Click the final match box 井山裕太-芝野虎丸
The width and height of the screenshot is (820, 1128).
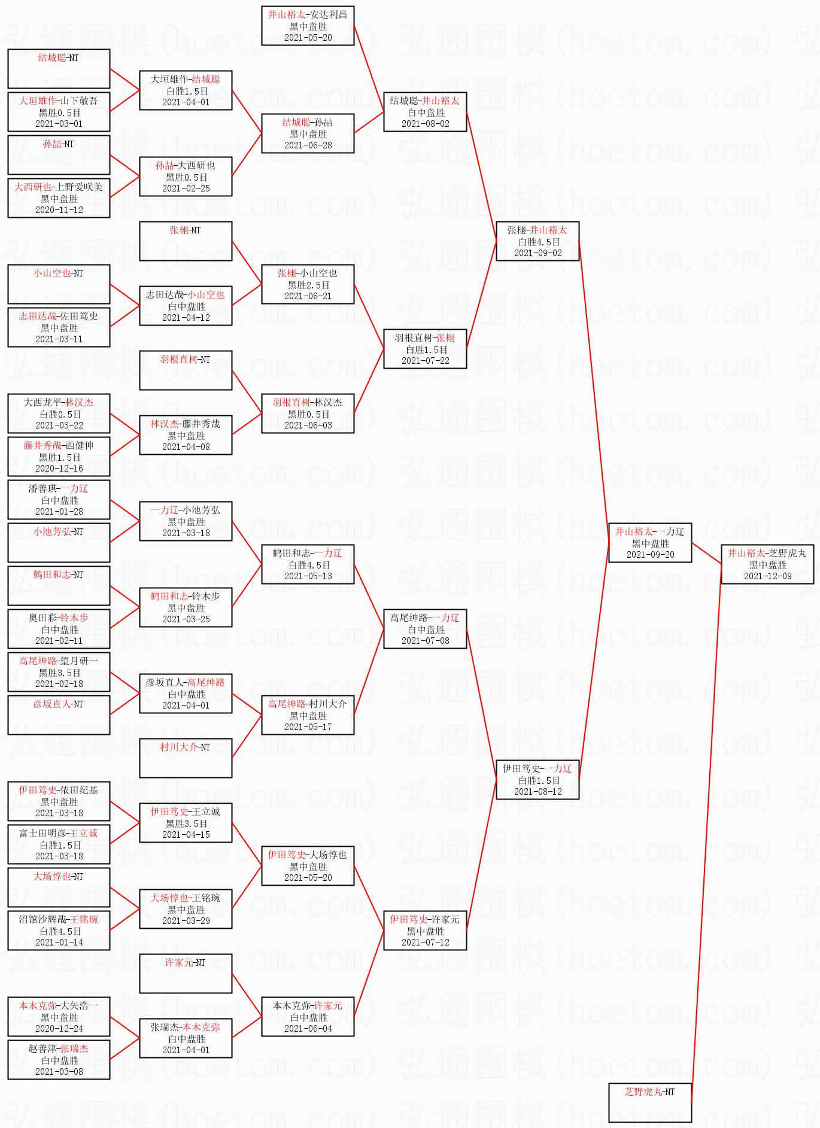[x=767, y=564]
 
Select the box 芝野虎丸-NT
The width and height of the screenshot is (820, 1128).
[x=650, y=1102]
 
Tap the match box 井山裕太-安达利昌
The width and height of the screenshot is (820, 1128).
[x=308, y=26]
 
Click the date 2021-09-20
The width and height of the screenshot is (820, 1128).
[x=650, y=555]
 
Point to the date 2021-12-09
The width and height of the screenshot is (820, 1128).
[x=767, y=576]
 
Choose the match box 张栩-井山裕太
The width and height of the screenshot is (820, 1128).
[x=537, y=241]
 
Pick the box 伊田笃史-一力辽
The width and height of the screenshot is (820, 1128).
[x=537, y=780]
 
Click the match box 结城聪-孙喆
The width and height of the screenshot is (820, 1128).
[x=308, y=133]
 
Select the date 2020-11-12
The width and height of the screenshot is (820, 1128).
[x=59, y=210]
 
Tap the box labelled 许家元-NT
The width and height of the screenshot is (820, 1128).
[x=186, y=973]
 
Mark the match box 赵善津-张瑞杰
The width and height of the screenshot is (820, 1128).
[x=59, y=1060]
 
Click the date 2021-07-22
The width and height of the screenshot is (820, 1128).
[x=425, y=361]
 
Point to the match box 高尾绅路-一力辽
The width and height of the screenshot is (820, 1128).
[x=425, y=629]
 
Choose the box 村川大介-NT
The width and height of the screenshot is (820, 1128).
[x=186, y=758]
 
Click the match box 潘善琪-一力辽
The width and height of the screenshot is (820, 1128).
[x=59, y=500]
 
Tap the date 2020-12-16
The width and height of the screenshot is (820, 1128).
[x=59, y=469]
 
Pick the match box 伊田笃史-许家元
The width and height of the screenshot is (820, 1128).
[x=425, y=931]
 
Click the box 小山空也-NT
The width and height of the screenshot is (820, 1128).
[x=59, y=284]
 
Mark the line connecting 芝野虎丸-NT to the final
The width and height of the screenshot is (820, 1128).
[x=706, y=838]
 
